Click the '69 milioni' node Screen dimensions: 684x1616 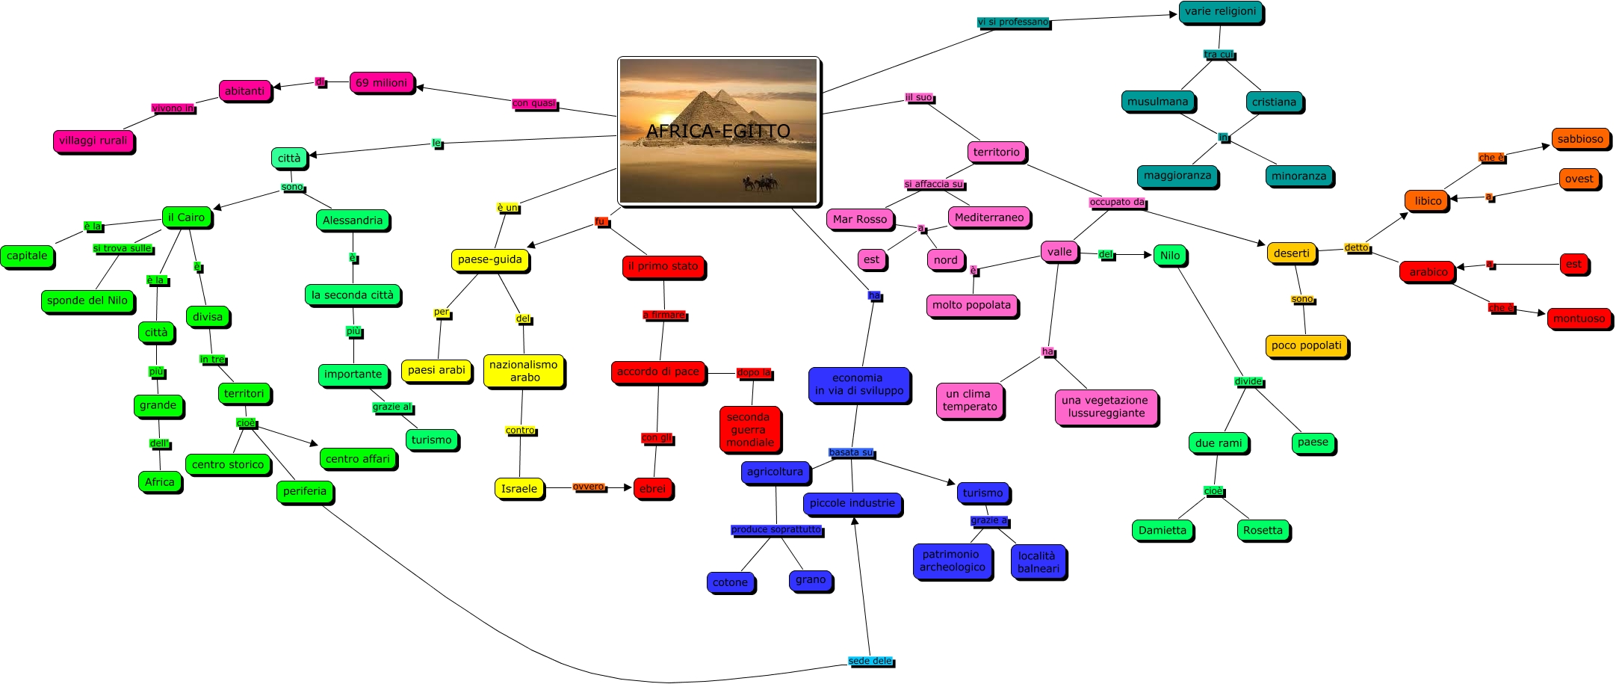pyautogui.click(x=381, y=83)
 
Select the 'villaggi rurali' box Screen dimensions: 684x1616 pyautogui.click(x=93, y=141)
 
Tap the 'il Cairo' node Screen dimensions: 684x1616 pyautogui.click(x=186, y=218)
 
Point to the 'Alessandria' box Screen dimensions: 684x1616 pyautogui.click(x=352, y=221)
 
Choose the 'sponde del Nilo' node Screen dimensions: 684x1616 pyautogui.click(x=87, y=301)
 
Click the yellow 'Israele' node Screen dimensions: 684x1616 pyautogui.click(x=519, y=489)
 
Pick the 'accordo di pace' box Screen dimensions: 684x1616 pyautogui.click(x=657, y=372)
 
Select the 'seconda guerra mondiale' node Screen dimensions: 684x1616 pyautogui.click(x=749, y=430)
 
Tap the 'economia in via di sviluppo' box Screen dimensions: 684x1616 pyautogui.click(x=858, y=384)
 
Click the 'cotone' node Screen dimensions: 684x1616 pyautogui.click(x=730, y=582)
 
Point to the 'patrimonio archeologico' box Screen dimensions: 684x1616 pyautogui.click(x=952, y=561)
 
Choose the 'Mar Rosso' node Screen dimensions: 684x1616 pyautogui.click(x=859, y=219)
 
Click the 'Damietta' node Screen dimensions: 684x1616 pyautogui.click(x=1162, y=530)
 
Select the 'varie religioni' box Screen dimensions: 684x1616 pyautogui.click(x=1220, y=12)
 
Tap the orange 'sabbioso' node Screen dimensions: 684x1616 pyautogui.click(x=1579, y=139)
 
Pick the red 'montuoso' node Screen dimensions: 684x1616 pyautogui.click(x=1579, y=318)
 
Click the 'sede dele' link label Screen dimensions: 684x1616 pyautogui.click(x=870, y=661)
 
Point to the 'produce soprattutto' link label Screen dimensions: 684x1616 pyautogui.click(x=776, y=529)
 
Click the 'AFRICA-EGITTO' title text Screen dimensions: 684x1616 pyautogui.click(x=718, y=132)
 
